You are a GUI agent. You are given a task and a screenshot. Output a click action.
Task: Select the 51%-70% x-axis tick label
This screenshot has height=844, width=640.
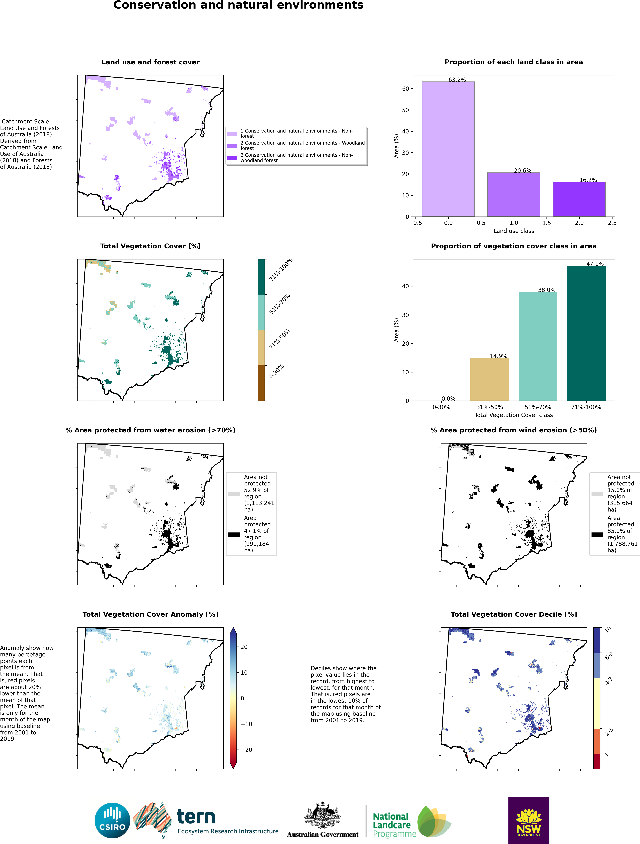(x=538, y=407)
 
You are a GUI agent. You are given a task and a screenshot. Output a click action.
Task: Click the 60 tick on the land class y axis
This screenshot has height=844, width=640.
(x=405, y=89)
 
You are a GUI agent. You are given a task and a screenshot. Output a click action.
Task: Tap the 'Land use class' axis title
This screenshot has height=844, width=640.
(x=513, y=231)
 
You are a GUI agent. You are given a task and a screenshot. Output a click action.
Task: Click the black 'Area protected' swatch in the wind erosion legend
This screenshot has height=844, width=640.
(x=597, y=535)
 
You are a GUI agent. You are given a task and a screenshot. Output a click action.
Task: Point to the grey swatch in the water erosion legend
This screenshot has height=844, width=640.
(x=234, y=494)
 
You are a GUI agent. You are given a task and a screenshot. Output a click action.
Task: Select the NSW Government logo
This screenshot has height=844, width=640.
(x=529, y=820)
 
